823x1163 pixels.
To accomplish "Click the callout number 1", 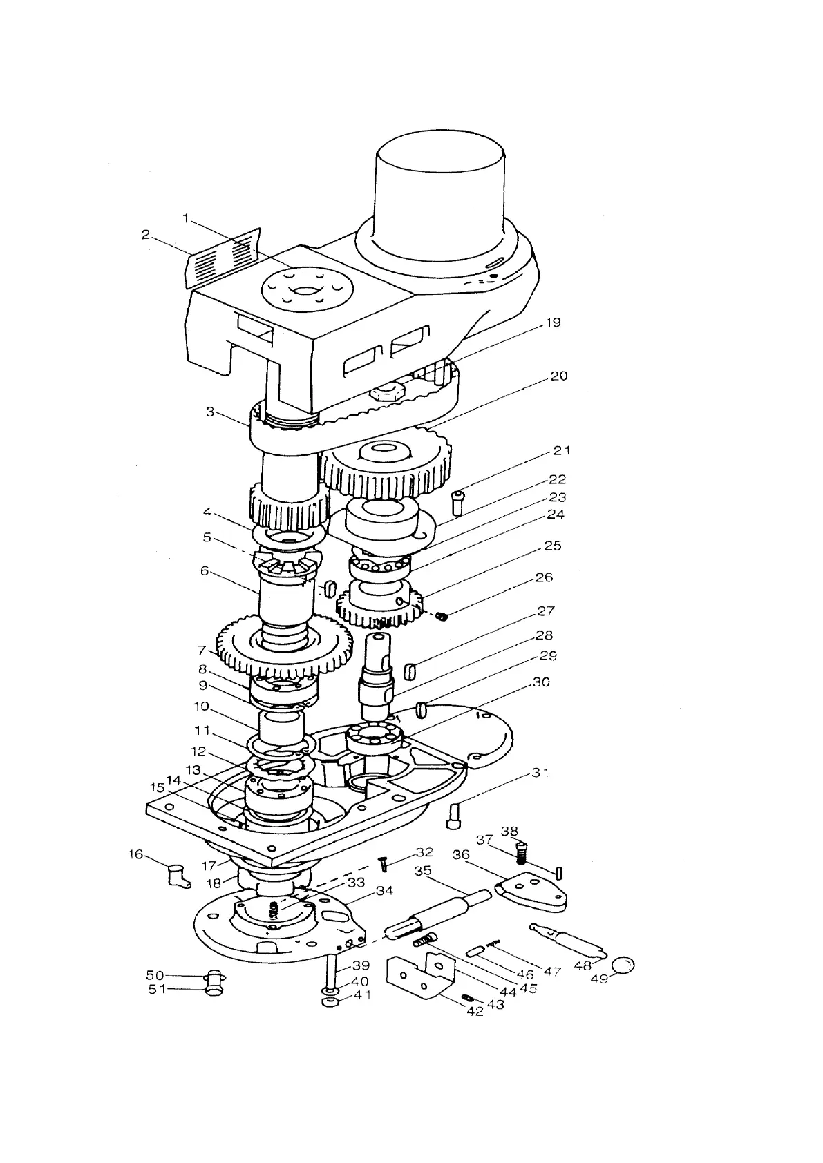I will pyautogui.click(x=186, y=218).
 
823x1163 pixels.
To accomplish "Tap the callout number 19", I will pyautogui.click(x=554, y=323).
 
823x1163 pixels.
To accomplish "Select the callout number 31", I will pyautogui.click(x=540, y=773).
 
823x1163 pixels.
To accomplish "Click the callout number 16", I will pyautogui.click(x=135, y=855).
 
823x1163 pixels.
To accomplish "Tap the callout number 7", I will pyautogui.click(x=202, y=650).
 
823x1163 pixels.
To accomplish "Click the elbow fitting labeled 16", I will pyautogui.click(x=178, y=875).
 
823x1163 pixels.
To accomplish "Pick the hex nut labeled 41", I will pyautogui.click(x=330, y=1001).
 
